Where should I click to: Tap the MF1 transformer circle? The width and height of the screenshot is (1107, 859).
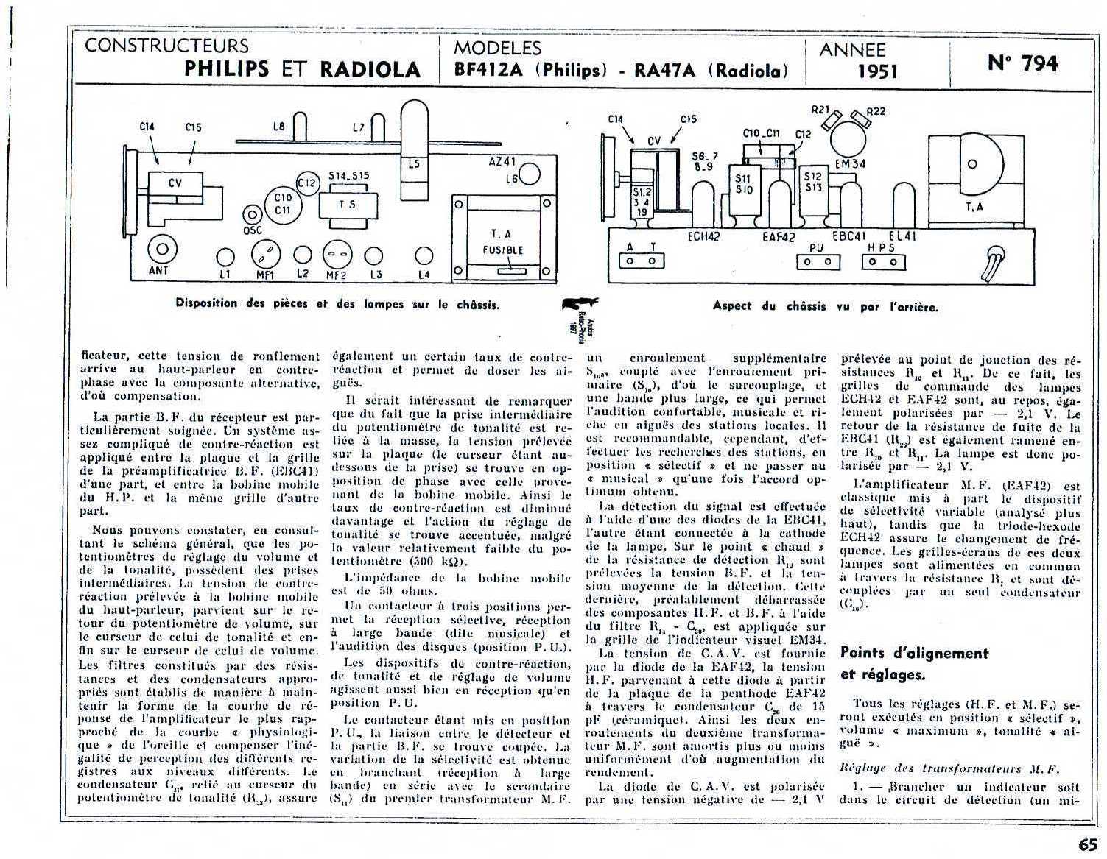265,256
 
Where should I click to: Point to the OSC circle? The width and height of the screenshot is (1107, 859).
253,214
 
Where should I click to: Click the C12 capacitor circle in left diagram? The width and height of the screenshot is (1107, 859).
306,183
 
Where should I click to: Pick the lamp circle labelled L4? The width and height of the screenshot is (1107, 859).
423,255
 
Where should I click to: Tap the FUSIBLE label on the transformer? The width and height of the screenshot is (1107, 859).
503,250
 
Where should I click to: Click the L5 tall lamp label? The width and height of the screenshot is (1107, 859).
414,164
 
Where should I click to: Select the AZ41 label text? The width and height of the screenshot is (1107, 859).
502,161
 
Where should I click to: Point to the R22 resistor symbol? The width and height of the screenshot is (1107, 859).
861,118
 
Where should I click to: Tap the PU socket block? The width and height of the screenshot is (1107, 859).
816,261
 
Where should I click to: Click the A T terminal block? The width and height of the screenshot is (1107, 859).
640,261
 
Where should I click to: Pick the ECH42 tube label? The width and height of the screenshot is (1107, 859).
703,236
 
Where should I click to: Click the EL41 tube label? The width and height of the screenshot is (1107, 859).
902,236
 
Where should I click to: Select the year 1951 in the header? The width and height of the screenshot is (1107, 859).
877,71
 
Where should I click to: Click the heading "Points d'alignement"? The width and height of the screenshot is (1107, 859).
914,653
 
